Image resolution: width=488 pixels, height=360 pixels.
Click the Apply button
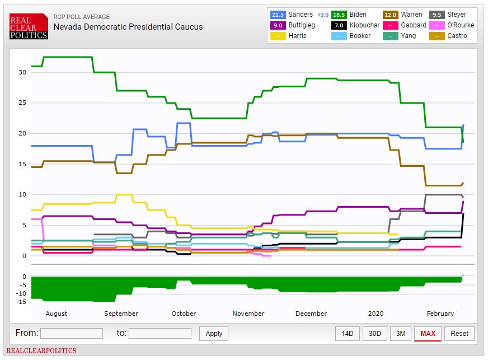click(214, 333)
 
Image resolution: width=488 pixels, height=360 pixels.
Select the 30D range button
click(374, 334)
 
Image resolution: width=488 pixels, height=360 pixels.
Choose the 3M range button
click(401, 334)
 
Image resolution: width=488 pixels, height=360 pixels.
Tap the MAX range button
click(428, 334)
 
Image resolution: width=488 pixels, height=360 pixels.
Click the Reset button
click(459, 334)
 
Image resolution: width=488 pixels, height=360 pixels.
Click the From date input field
click(72, 333)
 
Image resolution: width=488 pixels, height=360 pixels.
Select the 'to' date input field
click(160, 333)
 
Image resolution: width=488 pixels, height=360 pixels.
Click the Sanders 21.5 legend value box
click(278, 15)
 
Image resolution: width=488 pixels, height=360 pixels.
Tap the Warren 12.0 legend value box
click(391, 15)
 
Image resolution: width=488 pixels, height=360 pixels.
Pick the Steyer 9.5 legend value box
click(437, 15)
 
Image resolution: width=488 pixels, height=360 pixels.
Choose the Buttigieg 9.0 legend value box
click(278, 25)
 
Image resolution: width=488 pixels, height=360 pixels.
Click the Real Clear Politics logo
click(29, 26)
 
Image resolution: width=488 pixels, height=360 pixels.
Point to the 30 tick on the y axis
click(22, 72)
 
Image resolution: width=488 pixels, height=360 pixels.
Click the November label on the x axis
click(248, 314)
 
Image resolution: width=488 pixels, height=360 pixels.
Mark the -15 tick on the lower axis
click(21, 302)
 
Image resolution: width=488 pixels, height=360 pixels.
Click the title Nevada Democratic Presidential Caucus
click(128, 27)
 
